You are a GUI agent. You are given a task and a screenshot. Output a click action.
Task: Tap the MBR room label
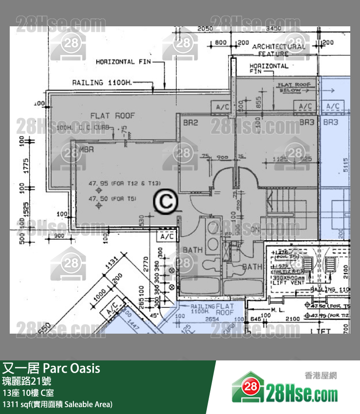click(x=87, y=149)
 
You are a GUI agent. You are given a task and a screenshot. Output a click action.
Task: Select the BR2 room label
click(x=190, y=123)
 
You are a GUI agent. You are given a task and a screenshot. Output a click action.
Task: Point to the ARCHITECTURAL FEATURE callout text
click(x=279, y=50)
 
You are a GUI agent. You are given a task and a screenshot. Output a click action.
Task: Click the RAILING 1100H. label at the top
click(x=102, y=83)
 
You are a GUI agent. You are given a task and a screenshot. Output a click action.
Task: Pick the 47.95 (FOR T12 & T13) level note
click(x=124, y=184)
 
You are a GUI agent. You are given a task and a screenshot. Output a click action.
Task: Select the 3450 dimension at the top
click(x=273, y=29)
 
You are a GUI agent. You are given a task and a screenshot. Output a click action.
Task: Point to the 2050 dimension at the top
click(x=205, y=29)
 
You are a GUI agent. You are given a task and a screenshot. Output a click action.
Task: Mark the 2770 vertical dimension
click(x=144, y=267)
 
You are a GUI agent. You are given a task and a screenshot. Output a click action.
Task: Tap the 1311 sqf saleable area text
click(x=57, y=404)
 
